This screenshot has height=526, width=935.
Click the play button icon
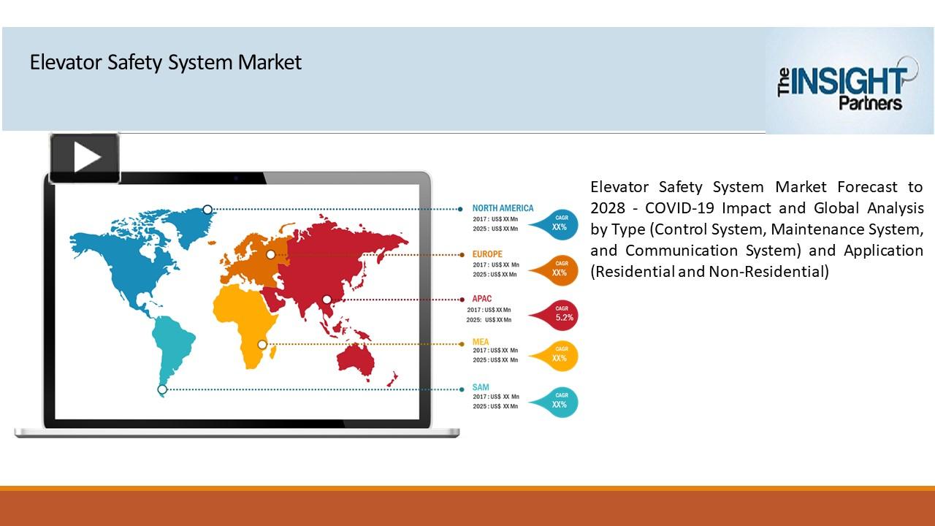(85, 158)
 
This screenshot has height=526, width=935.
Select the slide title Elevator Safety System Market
(165, 63)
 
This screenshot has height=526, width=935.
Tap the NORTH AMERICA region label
(503, 208)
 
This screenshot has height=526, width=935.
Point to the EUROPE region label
(487, 254)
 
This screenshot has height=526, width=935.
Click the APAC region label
(482, 299)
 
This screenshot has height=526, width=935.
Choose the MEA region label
(481, 342)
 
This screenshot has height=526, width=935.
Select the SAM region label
(481, 387)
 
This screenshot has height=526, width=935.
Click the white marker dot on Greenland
(207, 210)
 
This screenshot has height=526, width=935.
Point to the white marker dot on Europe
(271, 254)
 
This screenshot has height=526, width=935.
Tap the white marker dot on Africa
(262, 344)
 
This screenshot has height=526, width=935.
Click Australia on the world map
(356, 359)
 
